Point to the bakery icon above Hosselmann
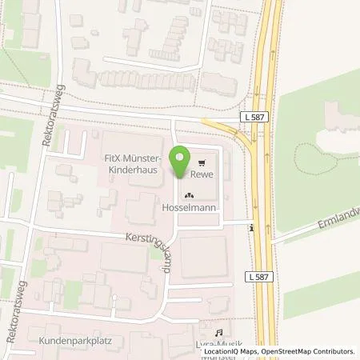(189, 194)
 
